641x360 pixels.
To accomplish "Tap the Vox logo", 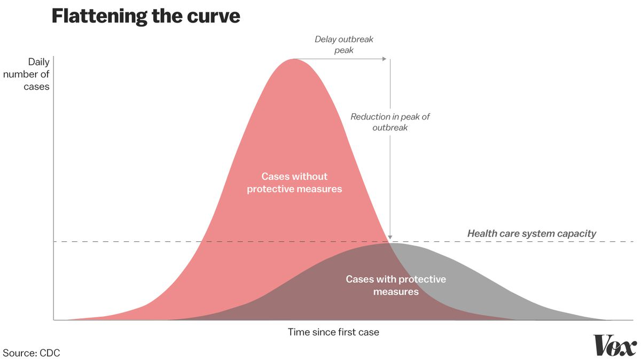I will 614,346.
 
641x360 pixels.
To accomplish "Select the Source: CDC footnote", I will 32,353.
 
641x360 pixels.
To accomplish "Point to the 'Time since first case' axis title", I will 333,332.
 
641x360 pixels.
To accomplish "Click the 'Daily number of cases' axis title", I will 27,74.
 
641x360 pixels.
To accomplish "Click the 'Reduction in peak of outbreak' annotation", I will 390,122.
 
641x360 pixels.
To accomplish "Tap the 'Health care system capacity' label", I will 531,233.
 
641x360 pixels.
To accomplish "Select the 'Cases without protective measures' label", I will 294,183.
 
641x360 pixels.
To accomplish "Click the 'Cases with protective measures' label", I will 396,285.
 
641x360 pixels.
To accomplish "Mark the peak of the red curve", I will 294,59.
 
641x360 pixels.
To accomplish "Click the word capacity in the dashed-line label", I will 576,234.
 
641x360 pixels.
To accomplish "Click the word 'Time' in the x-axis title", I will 299,332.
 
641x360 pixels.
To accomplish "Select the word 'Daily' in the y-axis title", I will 38,62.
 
